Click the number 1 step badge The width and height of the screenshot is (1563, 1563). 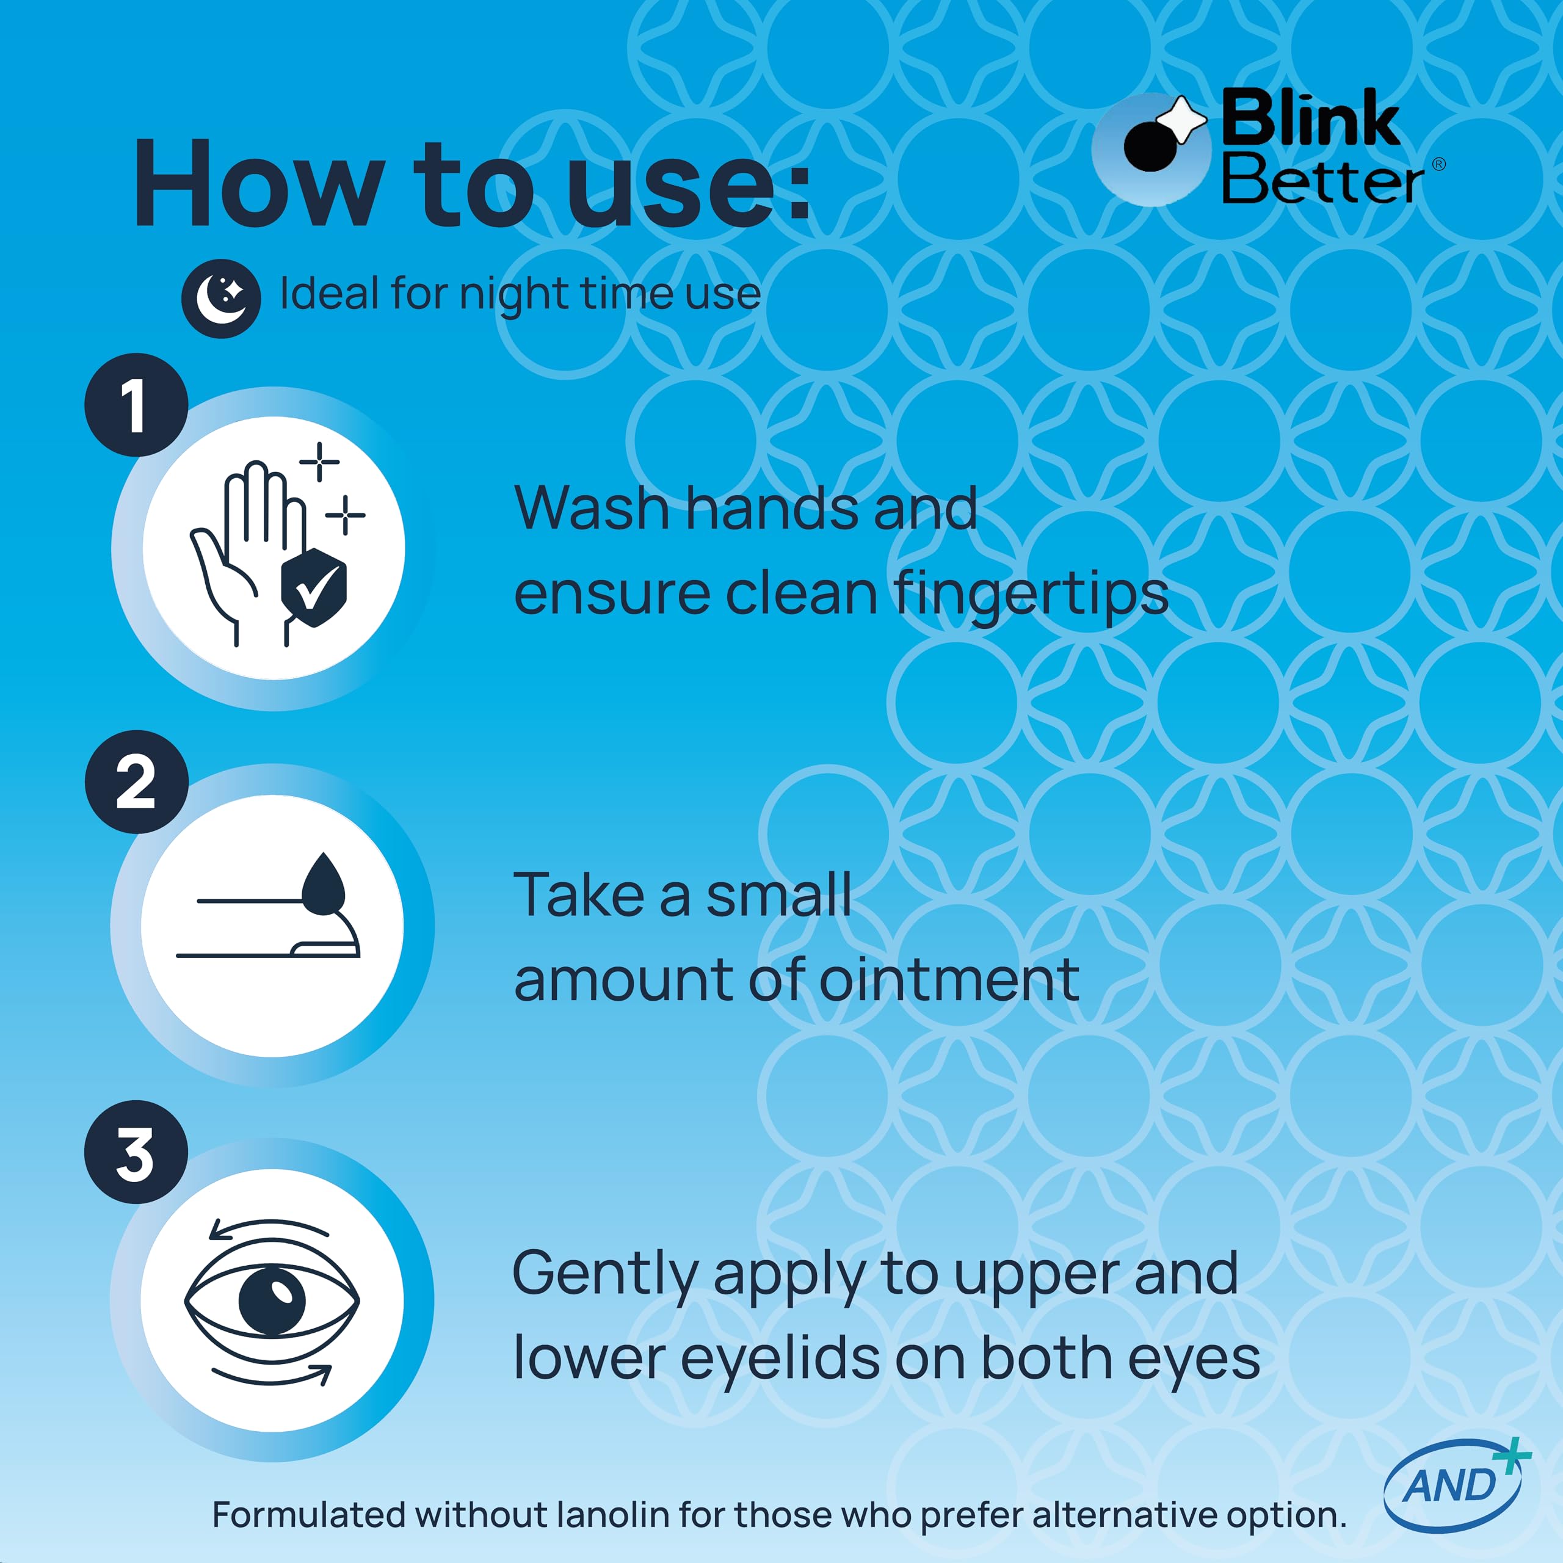click(x=136, y=405)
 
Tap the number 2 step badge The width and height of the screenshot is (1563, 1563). click(x=136, y=781)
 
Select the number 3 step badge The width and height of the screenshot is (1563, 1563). click(x=136, y=1152)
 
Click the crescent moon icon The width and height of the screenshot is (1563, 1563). click(x=221, y=299)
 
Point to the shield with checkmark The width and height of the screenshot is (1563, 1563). click(x=314, y=587)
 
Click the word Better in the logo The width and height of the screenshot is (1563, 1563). click(x=1322, y=178)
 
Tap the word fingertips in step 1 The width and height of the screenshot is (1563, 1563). click(x=1031, y=595)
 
